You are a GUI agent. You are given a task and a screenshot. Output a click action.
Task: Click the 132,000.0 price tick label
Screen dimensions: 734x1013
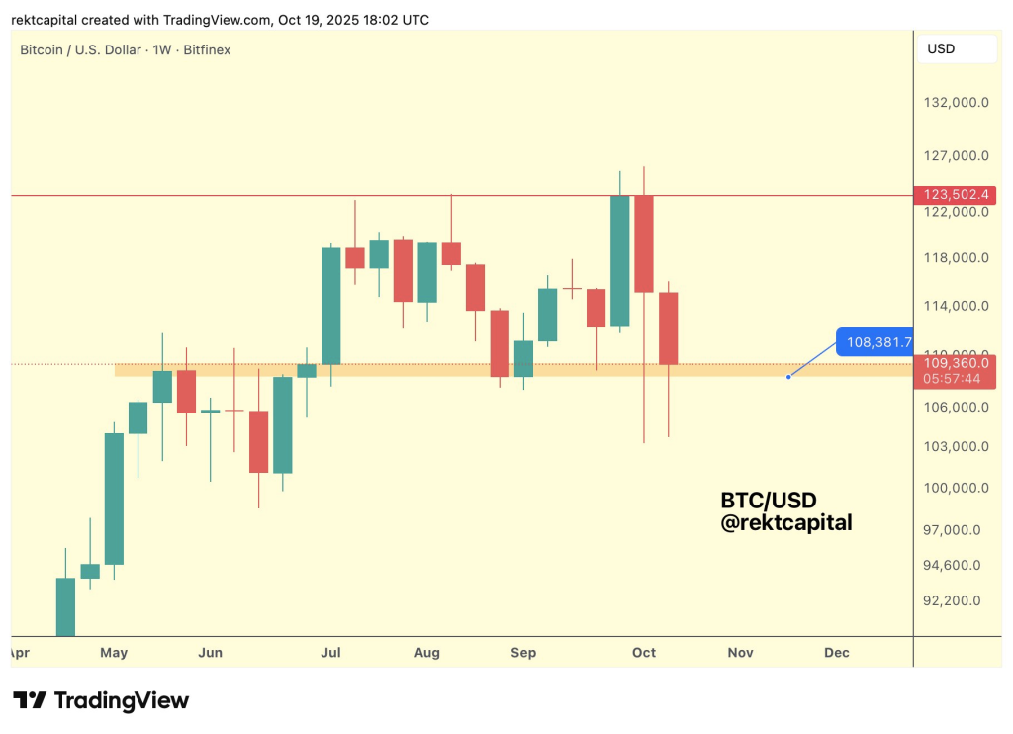(955, 103)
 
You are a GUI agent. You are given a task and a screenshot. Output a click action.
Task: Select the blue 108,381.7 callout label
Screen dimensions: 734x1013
(872, 342)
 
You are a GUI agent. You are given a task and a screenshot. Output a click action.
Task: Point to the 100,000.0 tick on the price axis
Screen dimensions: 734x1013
(955, 488)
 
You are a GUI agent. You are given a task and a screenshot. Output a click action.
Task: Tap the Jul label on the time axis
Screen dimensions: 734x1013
(331, 653)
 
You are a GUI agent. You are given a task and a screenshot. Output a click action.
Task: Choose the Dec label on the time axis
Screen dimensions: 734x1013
(837, 653)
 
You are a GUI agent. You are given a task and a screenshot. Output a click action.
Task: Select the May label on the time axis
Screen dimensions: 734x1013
(114, 653)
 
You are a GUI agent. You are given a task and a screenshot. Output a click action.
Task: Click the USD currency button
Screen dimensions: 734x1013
(941, 48)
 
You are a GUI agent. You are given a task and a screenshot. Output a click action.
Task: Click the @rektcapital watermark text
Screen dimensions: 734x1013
(785, 523)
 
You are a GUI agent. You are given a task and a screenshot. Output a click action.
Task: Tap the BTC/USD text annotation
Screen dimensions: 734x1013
(769, 501)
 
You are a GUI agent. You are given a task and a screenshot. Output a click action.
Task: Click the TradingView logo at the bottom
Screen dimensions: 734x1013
(101, 701)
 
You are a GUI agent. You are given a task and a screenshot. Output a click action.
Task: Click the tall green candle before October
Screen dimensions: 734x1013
(620, 261)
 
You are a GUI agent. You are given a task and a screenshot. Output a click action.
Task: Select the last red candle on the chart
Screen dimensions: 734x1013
(669, 328)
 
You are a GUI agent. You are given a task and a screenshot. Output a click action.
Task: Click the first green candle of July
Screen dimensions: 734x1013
(330, 306)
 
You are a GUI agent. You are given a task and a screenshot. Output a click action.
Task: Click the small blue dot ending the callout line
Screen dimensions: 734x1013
(788, 377)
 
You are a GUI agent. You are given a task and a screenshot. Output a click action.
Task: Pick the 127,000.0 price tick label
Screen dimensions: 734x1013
(955, 155)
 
